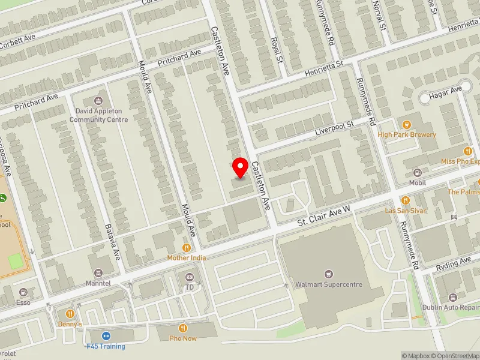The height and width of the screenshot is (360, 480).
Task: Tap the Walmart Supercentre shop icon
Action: click(328, 274)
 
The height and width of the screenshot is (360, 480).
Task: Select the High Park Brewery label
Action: click(407, 134)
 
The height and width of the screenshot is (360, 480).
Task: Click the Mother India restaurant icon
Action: click(187, 247)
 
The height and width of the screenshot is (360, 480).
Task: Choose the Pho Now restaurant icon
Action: click(183, 328)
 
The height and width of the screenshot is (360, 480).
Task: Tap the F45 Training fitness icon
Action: click(106, 336)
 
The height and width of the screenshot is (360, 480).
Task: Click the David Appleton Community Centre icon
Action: click(99, 100)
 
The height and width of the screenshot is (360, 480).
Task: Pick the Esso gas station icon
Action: click(23, 292)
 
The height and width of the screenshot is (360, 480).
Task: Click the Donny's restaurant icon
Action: click(70, 313)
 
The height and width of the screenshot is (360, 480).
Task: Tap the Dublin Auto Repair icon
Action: click(452, 297)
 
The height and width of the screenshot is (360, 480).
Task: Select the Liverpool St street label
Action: click(334, 127)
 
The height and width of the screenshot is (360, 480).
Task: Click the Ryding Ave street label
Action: click(454, 263)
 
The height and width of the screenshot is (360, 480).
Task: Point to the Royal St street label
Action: click(277, 50)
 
